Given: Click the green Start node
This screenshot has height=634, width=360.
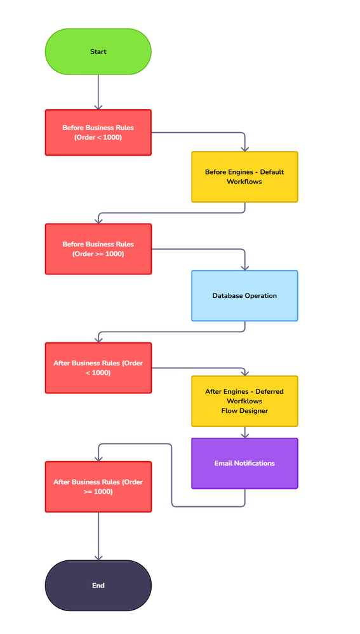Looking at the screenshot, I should [98, 51].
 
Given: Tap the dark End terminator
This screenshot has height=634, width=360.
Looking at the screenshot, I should [98, 585].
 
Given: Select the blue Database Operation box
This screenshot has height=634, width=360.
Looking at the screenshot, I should [244, 295].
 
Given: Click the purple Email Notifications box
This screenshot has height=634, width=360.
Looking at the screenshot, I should [244, 463].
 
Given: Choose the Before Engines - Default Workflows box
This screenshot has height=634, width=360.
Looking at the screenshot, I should [244, 177].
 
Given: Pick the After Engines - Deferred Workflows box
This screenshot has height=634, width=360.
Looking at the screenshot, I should [244, 401].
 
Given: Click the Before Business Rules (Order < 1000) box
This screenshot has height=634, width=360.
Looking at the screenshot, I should [98, 132].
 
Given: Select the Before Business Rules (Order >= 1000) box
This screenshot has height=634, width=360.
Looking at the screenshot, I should [98, 249].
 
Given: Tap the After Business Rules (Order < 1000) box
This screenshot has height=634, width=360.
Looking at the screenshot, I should [98, 368].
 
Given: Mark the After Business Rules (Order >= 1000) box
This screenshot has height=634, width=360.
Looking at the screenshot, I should [98, 487].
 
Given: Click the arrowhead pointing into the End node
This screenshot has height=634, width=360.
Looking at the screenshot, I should [98, 556].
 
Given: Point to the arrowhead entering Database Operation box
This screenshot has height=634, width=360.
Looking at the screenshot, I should [244, 267].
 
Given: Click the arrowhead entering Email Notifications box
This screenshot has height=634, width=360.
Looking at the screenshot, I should [244, 435].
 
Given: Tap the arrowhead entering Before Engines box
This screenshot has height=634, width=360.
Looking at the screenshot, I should [244, 148].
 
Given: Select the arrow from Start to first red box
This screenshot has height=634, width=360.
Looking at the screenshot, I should [98, 91].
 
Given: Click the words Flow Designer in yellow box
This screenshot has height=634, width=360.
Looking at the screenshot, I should [244, 411].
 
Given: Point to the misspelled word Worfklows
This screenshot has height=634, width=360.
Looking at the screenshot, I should [244, 401].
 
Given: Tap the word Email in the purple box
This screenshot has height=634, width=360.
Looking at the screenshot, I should [224, 463].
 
